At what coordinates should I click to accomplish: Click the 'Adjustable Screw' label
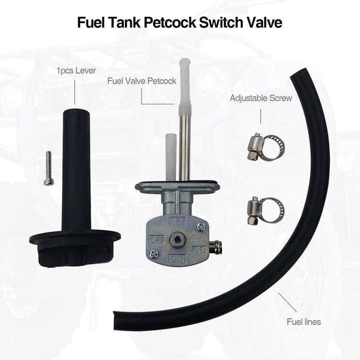point(261,98)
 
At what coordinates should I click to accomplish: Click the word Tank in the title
point(124,23)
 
